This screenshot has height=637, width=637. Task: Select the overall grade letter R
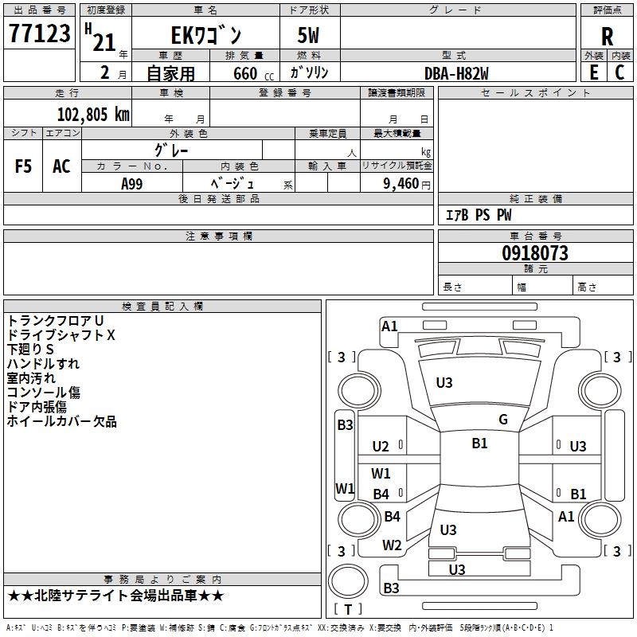[x=607, y=37]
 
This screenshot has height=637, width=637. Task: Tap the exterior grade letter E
[x=593, y=72]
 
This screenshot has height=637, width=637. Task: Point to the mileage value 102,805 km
[x=92, y=115]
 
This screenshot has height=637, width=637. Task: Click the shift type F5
[x=24, y=166]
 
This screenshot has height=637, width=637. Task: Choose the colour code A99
[x=132, y=184]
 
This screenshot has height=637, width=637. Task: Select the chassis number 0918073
[x=535, y=254]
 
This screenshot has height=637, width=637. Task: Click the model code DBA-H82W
[x=456, y=72]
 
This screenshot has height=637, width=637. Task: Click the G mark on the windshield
[x=503, y=420]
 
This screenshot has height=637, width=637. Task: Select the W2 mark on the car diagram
[x=392, y=545]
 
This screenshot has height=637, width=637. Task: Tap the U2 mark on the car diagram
[x=381, y=447]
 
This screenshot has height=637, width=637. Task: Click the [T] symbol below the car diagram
[x=347, y=609]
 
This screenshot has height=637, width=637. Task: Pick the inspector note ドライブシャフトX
[x=61, y=335]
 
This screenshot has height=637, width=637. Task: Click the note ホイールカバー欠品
[x=61, y=421]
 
